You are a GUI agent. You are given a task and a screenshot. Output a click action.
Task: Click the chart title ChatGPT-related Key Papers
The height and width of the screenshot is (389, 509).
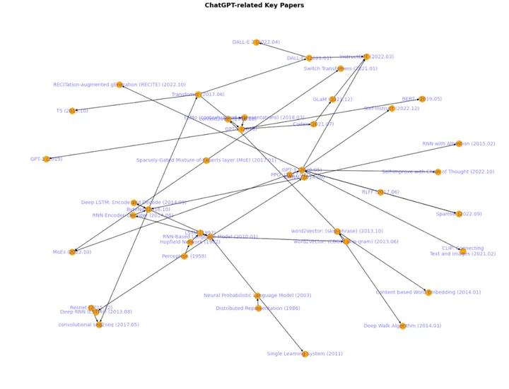click(x=255, y=5)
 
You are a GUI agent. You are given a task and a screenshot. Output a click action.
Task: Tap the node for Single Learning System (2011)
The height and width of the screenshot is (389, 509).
click(x=305, y=354)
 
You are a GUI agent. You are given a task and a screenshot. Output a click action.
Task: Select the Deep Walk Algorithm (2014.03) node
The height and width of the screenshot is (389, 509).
click(x=402, y=325)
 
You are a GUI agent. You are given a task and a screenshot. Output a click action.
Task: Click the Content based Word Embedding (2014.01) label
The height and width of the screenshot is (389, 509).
click(x=428, y=292)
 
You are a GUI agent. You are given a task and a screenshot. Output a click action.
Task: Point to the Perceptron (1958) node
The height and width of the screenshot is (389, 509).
click(x=185, y=256)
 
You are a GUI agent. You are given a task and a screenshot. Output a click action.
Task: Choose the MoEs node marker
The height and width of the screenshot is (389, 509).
click(x=72, y=252)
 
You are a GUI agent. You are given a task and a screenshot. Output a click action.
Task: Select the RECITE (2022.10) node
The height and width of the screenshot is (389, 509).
click(x=119, y=85)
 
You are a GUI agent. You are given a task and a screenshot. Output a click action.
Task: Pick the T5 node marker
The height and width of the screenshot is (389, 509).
click(x=72, y=111)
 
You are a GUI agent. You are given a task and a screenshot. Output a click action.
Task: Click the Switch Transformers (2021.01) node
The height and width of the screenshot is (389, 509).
click(x=340, y=68)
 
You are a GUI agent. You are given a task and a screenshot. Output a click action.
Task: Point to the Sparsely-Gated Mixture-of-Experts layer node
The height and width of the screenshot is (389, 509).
click(x=206, y=160)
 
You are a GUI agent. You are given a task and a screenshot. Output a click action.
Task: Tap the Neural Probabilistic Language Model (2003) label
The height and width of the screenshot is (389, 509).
click(x=257, y=295)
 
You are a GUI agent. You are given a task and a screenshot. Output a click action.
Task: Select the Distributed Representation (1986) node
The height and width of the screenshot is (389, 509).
click(x=257, y=309)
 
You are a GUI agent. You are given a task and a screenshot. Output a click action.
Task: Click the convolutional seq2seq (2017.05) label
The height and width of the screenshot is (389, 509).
click(x=108, y=325)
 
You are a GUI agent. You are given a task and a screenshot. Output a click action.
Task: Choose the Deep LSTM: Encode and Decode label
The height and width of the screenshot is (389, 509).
click(x=133, y=202)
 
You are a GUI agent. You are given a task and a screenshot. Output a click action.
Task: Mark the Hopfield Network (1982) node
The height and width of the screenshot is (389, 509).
click(x=189, y=242)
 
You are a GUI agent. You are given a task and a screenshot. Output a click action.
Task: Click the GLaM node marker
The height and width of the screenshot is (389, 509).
click(x=332, y=100)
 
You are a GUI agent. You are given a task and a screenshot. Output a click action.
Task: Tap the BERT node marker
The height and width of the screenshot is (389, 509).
click(x=422, y=100)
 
